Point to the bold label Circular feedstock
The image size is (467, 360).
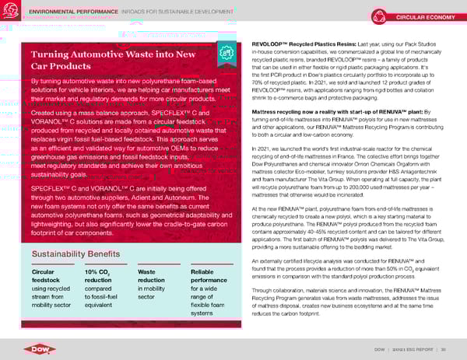pos(47,256)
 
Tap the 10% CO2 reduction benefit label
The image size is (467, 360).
pos(101,256)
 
